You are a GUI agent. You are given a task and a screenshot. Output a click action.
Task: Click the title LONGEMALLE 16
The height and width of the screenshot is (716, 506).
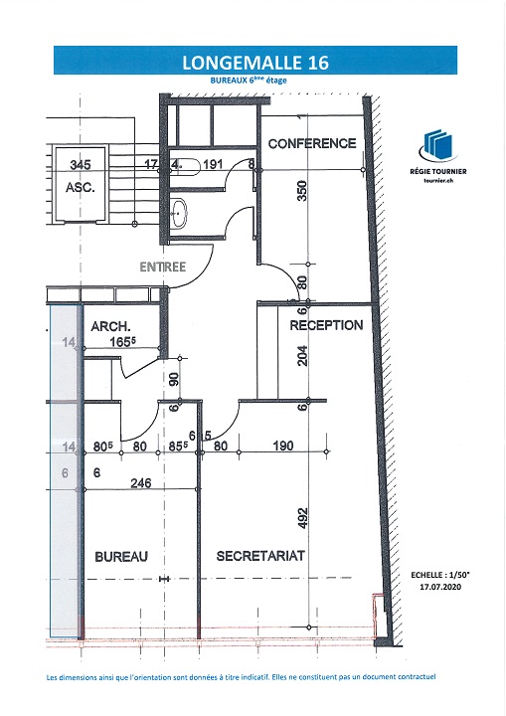tap(255, 62)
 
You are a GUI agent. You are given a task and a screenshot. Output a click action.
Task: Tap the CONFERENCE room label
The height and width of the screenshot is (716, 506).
tap(312, 143)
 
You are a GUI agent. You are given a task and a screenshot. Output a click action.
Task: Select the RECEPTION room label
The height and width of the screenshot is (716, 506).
tap(326, 325)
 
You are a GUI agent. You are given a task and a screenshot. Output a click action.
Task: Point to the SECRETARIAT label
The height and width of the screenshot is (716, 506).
tap(260, 556)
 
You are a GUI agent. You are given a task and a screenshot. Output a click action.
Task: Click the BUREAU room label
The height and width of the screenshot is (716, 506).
tap(121, 556)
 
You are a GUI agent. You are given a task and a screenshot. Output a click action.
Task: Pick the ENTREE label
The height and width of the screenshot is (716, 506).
tap(163, 267)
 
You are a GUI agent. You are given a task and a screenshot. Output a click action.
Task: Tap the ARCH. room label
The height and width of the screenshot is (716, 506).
tap(110, 326)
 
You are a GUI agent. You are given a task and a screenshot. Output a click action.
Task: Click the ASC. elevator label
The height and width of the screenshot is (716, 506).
tap(81, 187)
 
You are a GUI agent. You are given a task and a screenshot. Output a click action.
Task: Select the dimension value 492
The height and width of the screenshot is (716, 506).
tap(302, 518)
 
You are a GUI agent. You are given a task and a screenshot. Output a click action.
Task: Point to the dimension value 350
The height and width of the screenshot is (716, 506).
tap(302, 191)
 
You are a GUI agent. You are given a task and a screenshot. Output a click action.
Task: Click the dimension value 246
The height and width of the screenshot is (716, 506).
tap(140, 482)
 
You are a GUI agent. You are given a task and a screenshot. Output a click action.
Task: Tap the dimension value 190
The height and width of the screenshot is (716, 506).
tap(282, 446)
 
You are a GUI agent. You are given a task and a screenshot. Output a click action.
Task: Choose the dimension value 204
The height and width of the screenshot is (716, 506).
tap(302, 356)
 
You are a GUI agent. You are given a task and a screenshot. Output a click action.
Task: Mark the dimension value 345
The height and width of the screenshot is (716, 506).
tap(81, 164)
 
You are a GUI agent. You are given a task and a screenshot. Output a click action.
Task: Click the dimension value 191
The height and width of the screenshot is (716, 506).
tap(213, 164)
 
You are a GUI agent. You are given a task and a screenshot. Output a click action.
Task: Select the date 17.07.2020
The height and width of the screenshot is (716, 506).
tap(440, 587)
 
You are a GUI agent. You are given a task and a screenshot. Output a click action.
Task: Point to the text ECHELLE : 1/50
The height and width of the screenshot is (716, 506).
tap(440, 576)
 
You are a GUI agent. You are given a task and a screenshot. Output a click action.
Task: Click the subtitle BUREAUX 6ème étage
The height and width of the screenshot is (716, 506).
tap(249, 80)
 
